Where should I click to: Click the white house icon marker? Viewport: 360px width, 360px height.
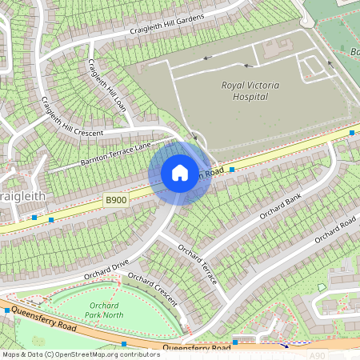(x=180, y=172)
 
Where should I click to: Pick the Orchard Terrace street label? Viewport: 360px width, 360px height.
(x=198, y=264)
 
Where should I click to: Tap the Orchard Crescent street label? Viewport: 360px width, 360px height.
(x=152, y=289)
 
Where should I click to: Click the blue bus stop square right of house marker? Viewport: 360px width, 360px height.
(x=232, y=170)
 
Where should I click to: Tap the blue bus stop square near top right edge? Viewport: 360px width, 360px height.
(x=352, y=133)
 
